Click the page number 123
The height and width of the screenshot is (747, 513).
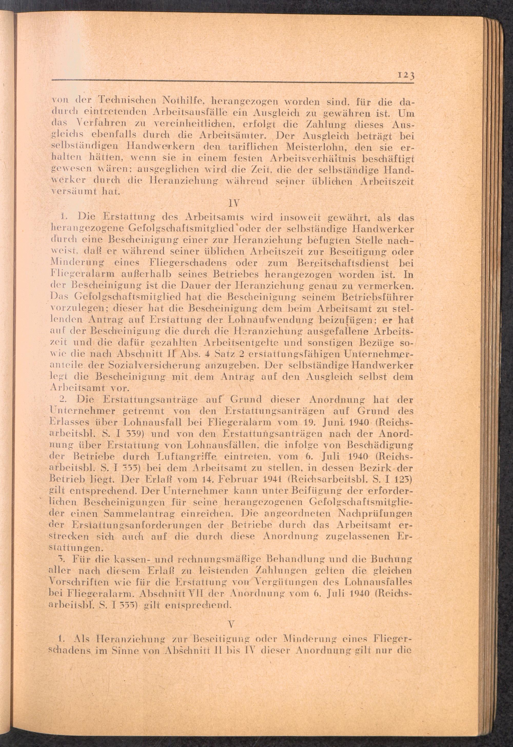click(x=406, y=76)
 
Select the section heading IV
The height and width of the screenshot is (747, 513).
click(x=232, y=203)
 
